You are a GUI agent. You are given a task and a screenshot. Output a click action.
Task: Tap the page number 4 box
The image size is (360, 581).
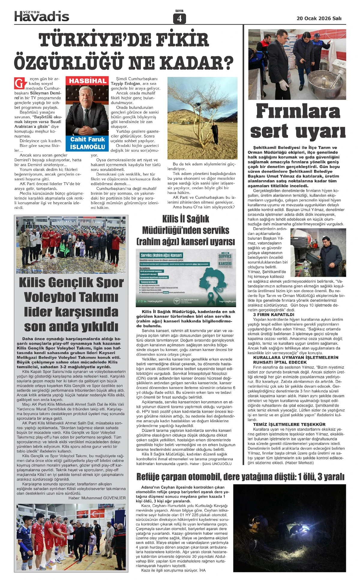click(179, 19)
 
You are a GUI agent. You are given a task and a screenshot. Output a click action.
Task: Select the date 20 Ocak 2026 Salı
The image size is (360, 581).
click(319, 18)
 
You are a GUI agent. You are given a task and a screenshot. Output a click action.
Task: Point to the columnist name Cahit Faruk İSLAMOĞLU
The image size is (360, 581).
click(88, 143)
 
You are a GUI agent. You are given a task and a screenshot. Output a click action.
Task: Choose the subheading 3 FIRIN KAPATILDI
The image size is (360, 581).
click(274, 315)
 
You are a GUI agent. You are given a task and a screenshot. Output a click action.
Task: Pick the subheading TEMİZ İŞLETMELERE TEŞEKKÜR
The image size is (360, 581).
click(289, 424)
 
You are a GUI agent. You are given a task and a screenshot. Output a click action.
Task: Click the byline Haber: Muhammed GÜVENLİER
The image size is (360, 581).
click(97, 498)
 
